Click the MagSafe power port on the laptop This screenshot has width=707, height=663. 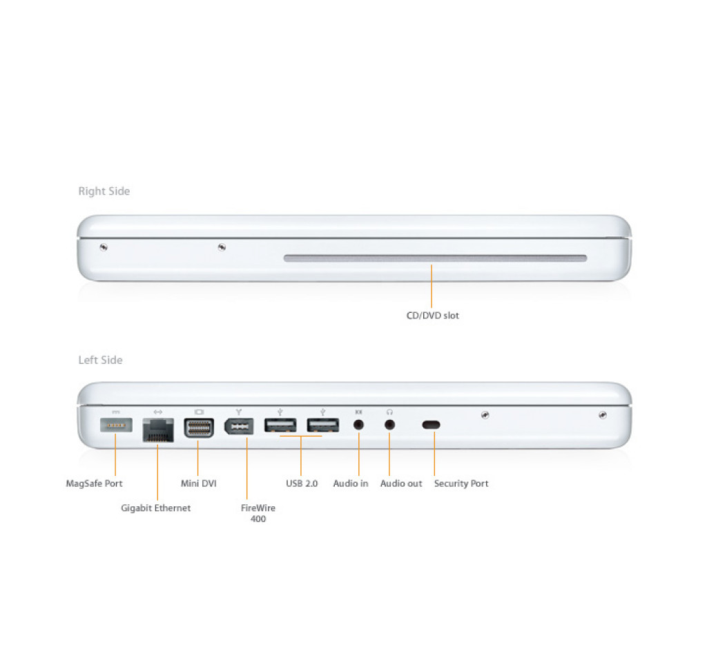coord(116,425)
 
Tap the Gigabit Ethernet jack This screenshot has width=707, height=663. coord(158,430)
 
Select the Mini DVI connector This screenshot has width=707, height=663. coord(199,428)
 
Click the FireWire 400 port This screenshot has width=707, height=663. coord(239,426)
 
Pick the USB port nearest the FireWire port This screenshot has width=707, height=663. coord(280,425)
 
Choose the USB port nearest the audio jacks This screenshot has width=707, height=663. coord(323,425)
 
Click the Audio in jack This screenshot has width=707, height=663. coord(359,425)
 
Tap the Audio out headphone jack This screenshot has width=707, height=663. coord(389,425)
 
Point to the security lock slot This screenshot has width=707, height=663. coord(432,425)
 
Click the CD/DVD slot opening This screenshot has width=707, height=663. coord(436,258)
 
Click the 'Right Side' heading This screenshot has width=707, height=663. coord(104,191)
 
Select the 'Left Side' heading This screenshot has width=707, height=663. coord(101,360)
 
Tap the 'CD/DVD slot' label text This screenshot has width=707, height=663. coord(433,316)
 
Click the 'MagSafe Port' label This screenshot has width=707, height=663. coord(94,483)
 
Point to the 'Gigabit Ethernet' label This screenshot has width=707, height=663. coord(156,508)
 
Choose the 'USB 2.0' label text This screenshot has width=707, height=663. coord(302,483)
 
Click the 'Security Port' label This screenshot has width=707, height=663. coord(461,483)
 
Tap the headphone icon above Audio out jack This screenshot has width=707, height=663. coord(389,412)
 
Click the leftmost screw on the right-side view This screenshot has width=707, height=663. coord(104,247)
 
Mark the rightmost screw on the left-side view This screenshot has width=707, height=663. coord(602,415)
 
